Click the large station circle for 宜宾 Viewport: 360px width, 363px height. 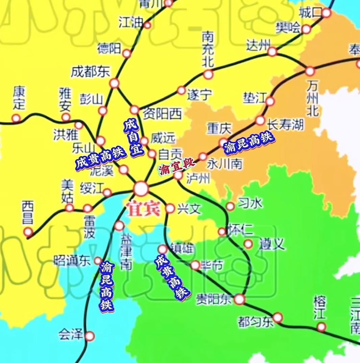[141, 188]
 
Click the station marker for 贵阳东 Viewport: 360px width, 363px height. [240, 299]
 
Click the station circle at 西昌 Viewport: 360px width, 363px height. [28, 232]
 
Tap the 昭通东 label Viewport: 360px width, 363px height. [72, 261]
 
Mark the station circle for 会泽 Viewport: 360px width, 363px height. [90, 336]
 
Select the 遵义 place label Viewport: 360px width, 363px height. [272, 244]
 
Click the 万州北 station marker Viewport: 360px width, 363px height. [310, 71]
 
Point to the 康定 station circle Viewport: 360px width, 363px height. [16, 118]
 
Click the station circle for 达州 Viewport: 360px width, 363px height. [272, 52]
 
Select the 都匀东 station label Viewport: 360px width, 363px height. [256, 322]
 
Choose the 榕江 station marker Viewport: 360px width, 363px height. [321, 327]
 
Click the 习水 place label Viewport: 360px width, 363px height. [250, 203]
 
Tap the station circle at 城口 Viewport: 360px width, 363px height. [326, 13]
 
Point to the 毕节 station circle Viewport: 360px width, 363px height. [195, 265]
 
